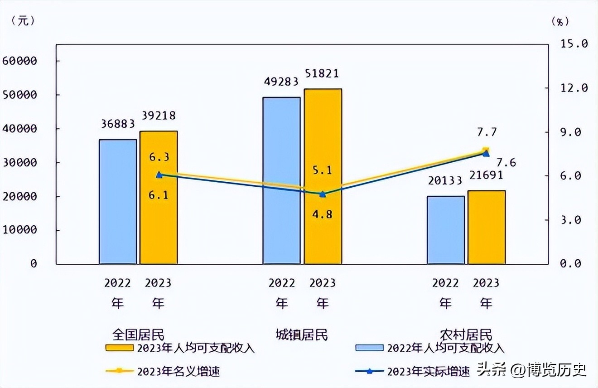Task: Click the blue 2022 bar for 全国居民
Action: point(118,202)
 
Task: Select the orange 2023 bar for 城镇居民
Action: point(323,176)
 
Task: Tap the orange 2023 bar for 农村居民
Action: point(487,227)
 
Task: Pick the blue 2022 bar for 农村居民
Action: point(446,230)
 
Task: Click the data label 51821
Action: point(321,73)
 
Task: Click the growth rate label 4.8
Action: point(322,214)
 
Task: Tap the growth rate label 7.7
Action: point(487,132)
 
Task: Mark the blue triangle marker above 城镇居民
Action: point(323,194)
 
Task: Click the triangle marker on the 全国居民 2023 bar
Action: point(159,175)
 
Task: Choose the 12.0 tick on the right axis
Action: point(574,87)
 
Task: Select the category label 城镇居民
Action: point(302,335)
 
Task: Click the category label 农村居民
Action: point(466,335)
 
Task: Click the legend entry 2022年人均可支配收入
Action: point(445,348)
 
